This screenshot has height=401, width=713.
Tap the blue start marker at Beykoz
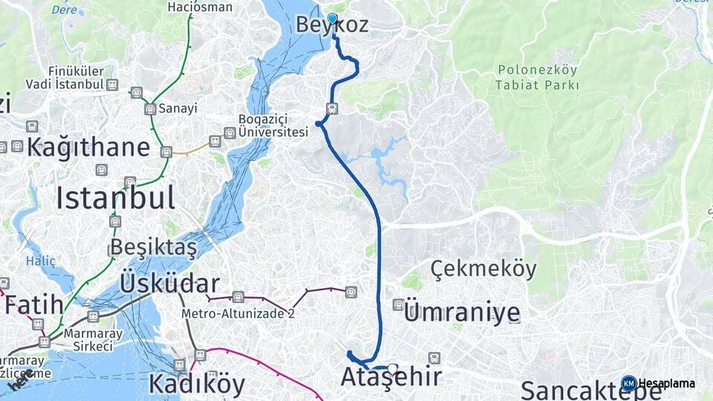pos(332,19)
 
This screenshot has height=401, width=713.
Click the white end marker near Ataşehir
pos(392,368)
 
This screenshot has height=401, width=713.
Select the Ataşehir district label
pos(391,378)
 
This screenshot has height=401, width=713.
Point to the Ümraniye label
pos(460,313)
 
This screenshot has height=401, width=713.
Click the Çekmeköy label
pos(483,270)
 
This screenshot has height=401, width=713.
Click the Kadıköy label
pos(196,384)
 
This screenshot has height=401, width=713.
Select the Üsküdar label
pos(169,284)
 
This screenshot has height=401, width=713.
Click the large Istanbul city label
pos(115,198)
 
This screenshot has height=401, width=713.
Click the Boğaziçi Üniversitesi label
pos(273,125)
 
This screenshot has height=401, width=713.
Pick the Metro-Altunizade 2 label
pos(238,313)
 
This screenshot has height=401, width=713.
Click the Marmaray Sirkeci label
pos(88,339)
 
